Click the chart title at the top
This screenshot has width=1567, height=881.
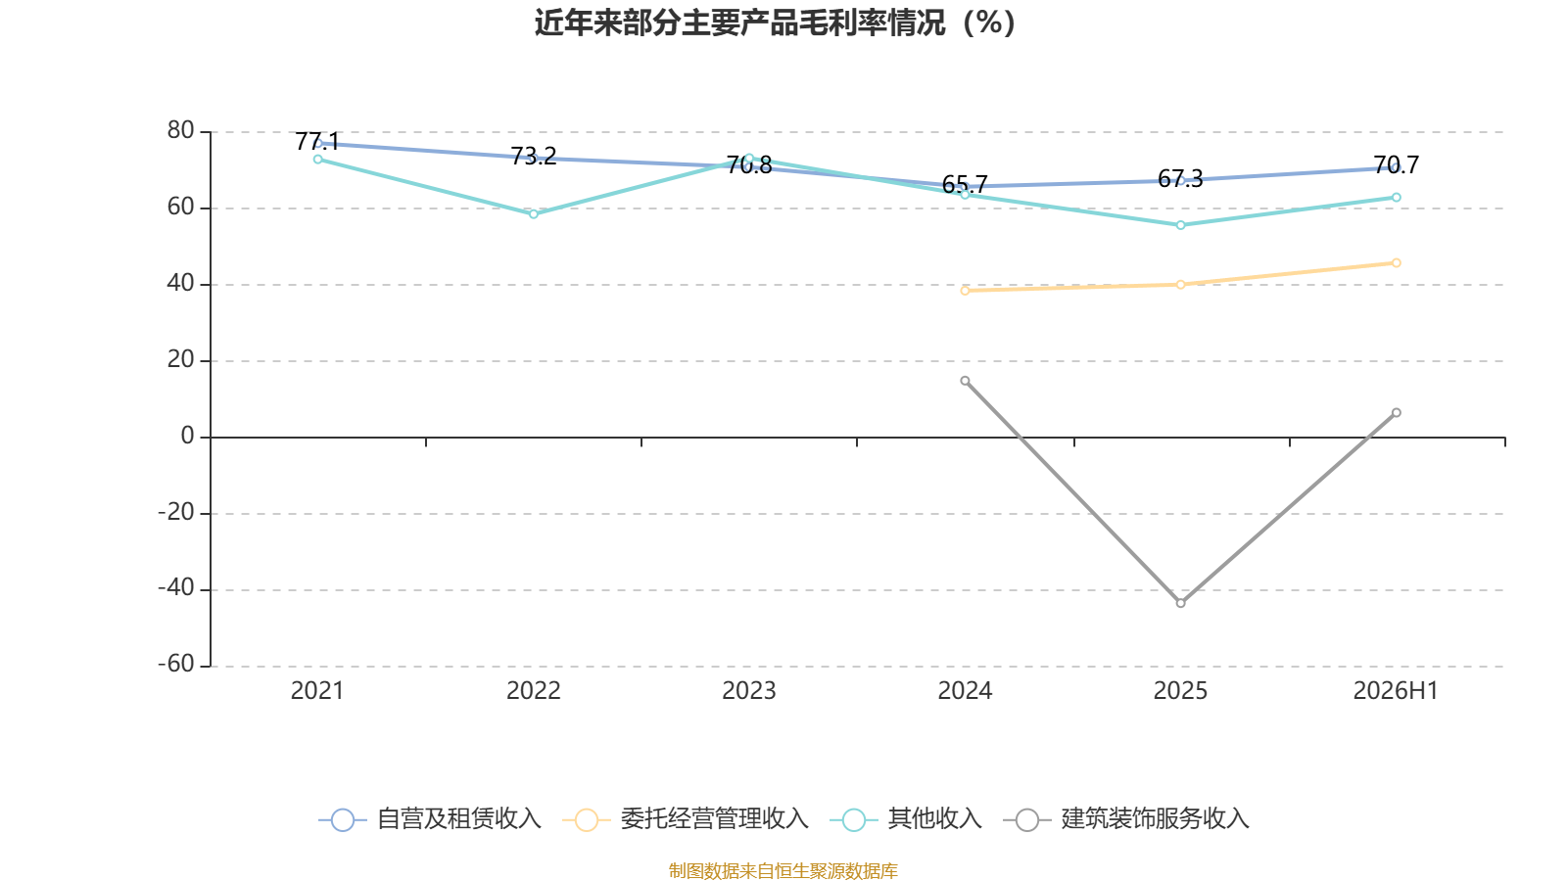pos(775,23)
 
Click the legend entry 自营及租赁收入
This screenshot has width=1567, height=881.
pos(430,818)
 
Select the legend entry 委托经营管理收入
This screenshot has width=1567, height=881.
pos(686,818)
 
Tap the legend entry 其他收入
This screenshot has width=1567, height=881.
pos(906,818)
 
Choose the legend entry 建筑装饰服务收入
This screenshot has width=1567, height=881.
pos(1126,818)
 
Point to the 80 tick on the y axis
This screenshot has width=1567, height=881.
pos(180,131)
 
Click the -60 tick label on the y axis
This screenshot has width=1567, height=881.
pos(175,665)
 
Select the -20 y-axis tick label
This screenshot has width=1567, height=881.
pos(175,513)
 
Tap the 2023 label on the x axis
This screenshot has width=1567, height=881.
pos(748,691)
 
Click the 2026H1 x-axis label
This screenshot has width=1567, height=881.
pos(1396,691)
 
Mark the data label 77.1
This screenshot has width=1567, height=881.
pos(317,142)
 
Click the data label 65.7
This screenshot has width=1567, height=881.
pos(965,185)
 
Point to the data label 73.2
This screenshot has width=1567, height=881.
pos(533,157)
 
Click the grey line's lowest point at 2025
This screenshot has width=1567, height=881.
pos(1181,603)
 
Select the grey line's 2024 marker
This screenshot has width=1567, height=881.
pos(965,381)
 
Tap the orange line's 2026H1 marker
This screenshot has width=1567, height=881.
pos(1397,263)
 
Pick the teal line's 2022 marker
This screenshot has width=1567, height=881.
pos(533,214)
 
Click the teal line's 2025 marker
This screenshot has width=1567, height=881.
pos(1181,225)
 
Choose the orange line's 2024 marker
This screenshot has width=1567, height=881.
pos(965,290)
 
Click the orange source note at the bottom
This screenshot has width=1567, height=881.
pos(783,870)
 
